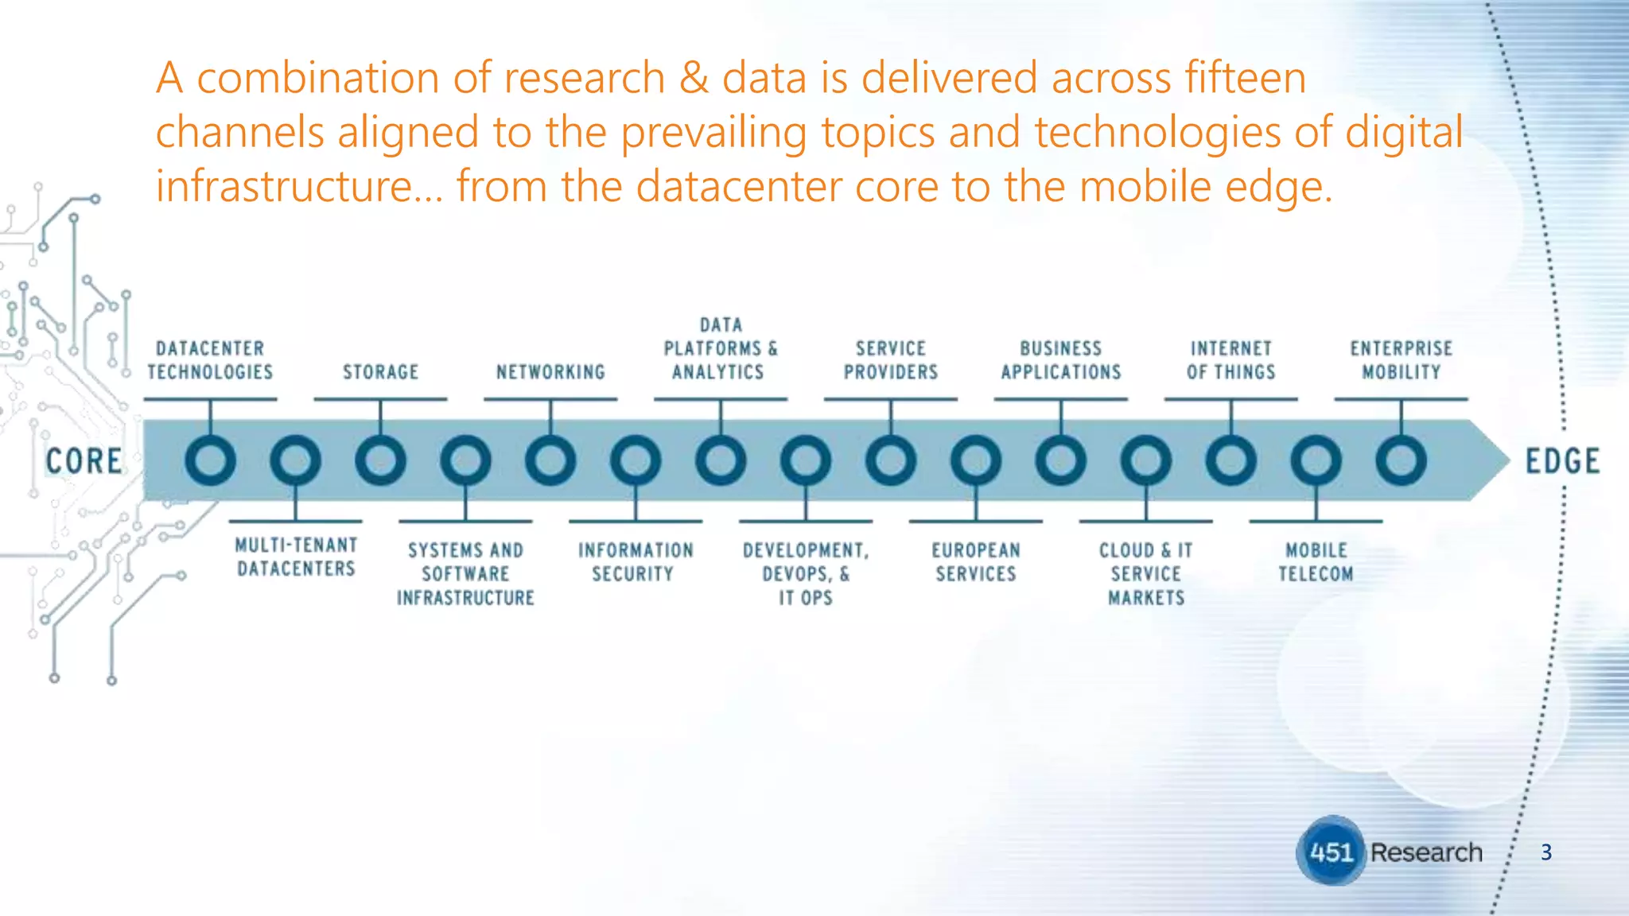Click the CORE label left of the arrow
[x=84, y=461]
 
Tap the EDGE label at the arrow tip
[x=1561, y=461]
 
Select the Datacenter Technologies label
[x=210, y=360]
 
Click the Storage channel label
[x=380, y=372]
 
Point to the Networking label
[x=550, y=372]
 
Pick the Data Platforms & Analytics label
[x=721, y=348]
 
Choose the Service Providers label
[x=891, y=360]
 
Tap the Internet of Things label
[x=1230, y=360]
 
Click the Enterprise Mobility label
[x=1401, y=360]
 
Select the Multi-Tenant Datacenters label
[x=296, y=557]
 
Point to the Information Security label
[x=636, y=562]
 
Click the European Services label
[x=976, y=562]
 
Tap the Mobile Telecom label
[x=1316, y=562]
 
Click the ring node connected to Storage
[x=380, y=460]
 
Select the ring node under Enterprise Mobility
[x=1401, y=460]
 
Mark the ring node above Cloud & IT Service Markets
[x=1145, y=460]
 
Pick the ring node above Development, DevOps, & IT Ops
[x=806, y=460]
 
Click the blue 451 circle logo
[x=1331, y=852]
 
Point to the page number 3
[x=1545, y=852]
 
